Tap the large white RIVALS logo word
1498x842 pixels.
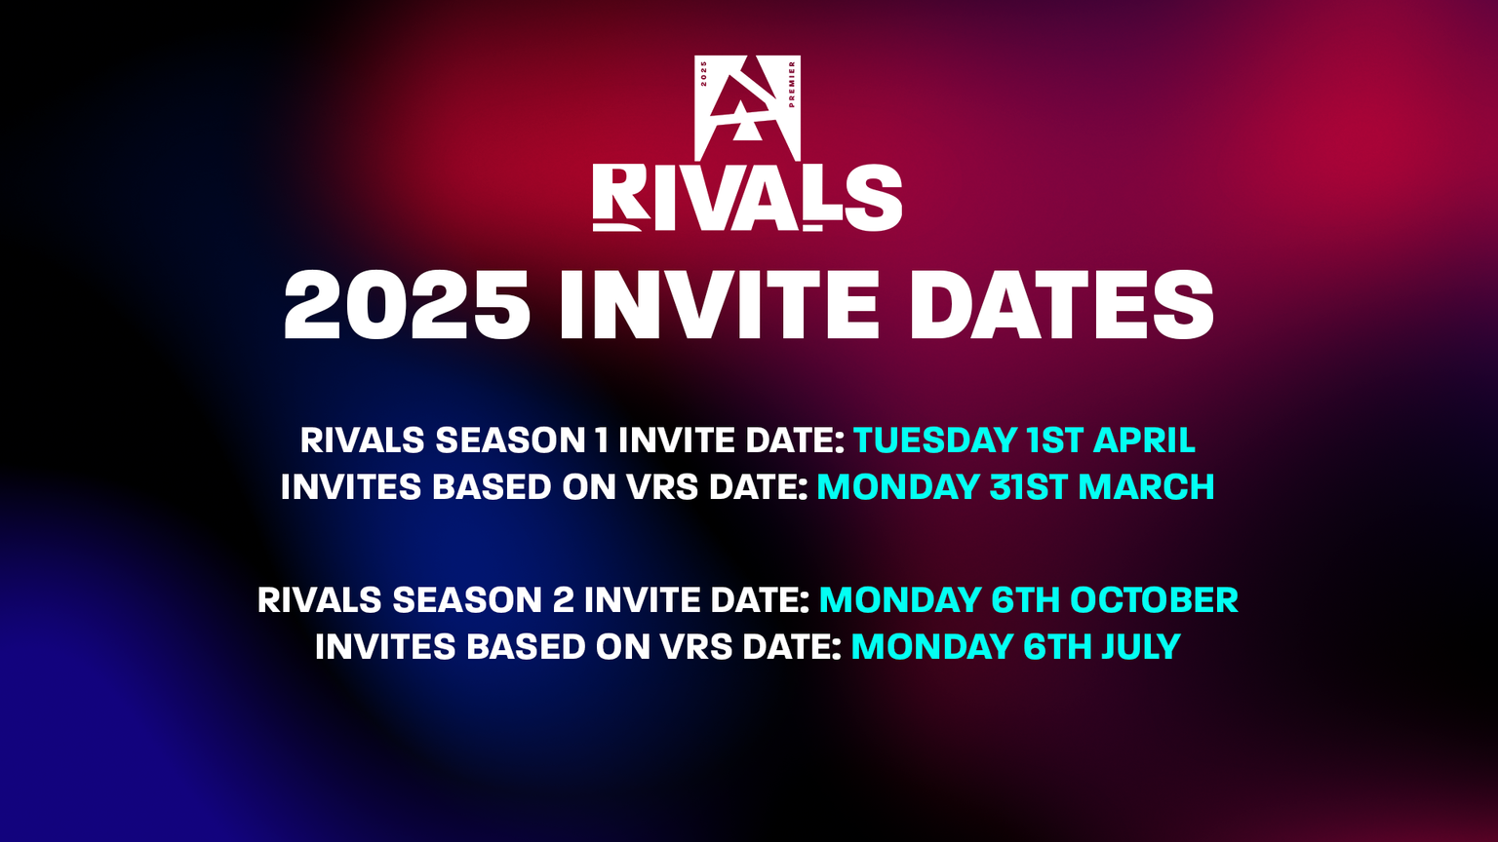[747, 199]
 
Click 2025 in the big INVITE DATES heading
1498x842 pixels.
[407, 306]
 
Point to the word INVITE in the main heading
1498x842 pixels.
[719, 306]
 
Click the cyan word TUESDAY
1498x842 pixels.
[935, 440]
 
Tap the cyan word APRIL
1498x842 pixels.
[1144, 440]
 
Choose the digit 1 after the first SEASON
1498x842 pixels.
[602, 440]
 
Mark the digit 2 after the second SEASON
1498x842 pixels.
[563, 600]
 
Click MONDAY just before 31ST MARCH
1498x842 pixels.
[897, 487]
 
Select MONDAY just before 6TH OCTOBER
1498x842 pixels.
[899, 600]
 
